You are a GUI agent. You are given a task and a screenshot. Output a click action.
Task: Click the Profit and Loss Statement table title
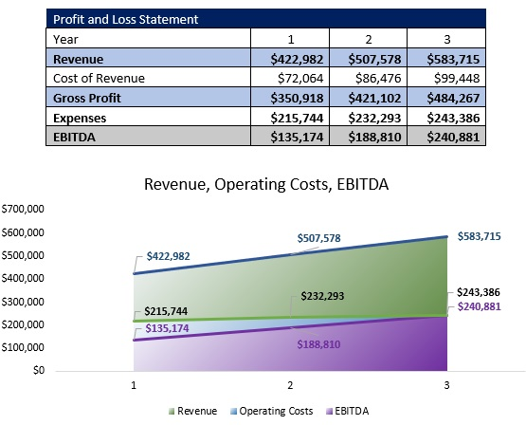(x=113, y=18)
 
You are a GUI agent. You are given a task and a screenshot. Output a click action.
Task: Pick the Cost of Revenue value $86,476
(x=372, y=78)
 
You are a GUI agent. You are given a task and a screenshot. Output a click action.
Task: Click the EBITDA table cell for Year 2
(x=372, y=137)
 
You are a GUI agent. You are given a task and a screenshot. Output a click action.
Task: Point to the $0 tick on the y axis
(x=38, y=370)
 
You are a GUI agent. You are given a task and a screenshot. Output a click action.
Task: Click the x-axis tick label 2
(x=289, y=388)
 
